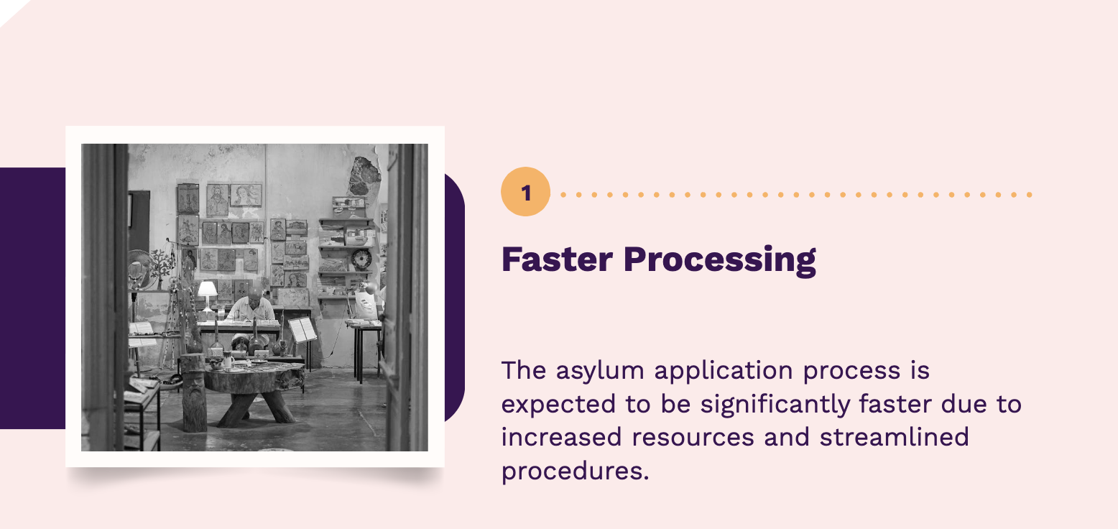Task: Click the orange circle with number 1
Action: tap(525, 193)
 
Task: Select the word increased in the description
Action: tap(553, 438)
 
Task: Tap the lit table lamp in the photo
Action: tap(207, 290)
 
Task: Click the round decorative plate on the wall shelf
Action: tap(361, 259)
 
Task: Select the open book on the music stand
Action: tap(302, 329)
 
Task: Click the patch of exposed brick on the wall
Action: tap(364, 175)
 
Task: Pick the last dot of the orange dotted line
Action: tap(1030, 195)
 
